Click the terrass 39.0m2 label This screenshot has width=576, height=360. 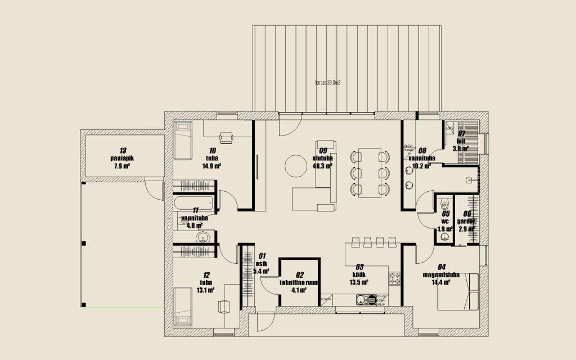pyautogui.click(x=328, y=83)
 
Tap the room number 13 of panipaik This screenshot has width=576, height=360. pyautogui.click(x=123, y=151)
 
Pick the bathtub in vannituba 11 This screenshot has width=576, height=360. pyautogui.click(x=192, y=202)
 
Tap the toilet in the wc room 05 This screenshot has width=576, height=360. pyautogui.click(x=445, y=203)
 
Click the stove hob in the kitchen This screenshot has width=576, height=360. pyautogui.click(x=395, y=278)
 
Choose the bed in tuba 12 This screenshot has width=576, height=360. pyautogui.click(x=183, y=306)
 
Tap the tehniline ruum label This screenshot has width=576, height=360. pyautogui.click(x=299, y=283)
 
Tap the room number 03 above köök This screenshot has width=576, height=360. pyautogui.click(x=359, y=267)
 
